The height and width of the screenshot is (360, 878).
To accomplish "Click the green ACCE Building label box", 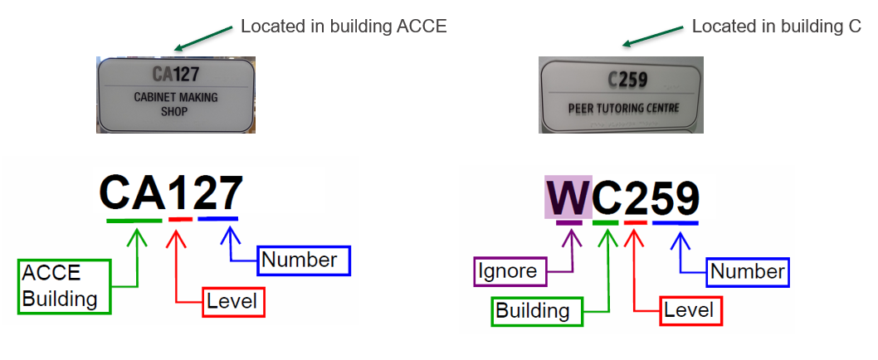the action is [x=65, y=286].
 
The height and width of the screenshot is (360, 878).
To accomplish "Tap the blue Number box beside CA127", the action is [x=304, y=260].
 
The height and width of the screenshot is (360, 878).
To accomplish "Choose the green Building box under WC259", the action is [x=538, y=311].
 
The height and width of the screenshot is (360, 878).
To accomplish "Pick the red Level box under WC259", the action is [x=691, y=311].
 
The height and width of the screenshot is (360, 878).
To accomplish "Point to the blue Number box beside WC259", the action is [x=748, y=272].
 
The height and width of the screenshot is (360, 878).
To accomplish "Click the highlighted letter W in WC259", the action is [x=568, y=197].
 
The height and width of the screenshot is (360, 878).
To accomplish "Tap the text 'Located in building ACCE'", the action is [x=344, y=27].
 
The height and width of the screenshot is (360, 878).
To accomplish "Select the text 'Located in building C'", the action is [x=777, y=27].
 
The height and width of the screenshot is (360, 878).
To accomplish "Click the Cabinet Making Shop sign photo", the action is [x=176, y=95].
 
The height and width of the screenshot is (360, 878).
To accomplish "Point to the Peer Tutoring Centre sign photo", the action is [x=621, y=95].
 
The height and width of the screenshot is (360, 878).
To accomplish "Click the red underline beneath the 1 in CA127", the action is [x=180, y=220].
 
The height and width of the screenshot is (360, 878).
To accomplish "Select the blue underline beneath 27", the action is [x=217, y=218].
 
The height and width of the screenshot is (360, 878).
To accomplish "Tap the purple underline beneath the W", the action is [x=569, y=223].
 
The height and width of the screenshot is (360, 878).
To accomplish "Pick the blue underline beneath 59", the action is [x=676, y=223].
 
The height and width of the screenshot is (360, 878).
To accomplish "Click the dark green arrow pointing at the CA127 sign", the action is [x=202, y=37].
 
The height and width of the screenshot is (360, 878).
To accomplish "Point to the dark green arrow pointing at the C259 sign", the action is [x=653, y=36].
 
